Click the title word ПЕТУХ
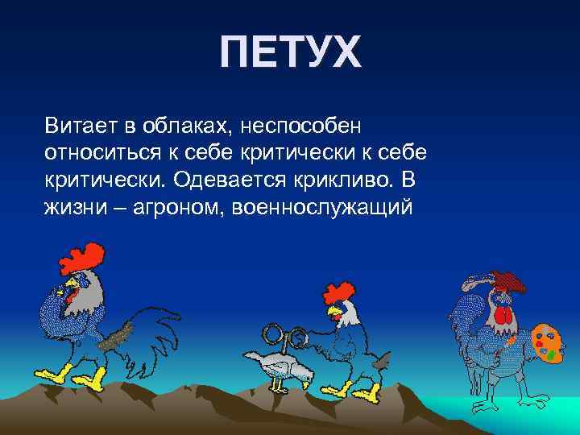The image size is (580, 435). [291, 53]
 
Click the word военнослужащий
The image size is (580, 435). [322, 208]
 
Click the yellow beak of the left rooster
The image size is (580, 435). [71, 284]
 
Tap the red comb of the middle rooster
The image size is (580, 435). [339, 291]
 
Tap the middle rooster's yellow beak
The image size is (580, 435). [330, 310]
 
